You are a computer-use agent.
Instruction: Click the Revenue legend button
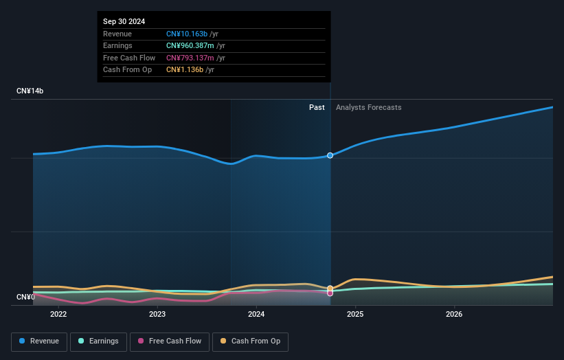tap(40, 341)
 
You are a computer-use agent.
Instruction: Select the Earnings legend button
tap(98, 341)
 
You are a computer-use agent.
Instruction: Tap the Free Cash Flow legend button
tap(170, 341)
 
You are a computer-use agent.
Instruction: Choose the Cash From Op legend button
tap(250, 341)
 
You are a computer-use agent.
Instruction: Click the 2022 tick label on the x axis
tap(58, 315)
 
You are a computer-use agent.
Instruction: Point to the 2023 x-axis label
tap(157, 315)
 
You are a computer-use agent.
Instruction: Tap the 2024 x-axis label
tap(256, 315)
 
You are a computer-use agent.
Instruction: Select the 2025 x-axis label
tap(355, 315)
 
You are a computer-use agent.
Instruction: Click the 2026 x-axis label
tap(454, 315)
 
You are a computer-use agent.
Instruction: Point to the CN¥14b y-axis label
tap(30, 91)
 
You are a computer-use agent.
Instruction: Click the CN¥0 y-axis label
tap(25, 297)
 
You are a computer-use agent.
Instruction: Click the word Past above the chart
tap(317, 107)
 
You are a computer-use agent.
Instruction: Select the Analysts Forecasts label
tap(368, 107)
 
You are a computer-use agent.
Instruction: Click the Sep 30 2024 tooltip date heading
tap(124, 22)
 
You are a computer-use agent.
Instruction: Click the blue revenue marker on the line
tap(330, 155)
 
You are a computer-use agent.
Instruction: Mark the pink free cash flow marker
tap(330, 293)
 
